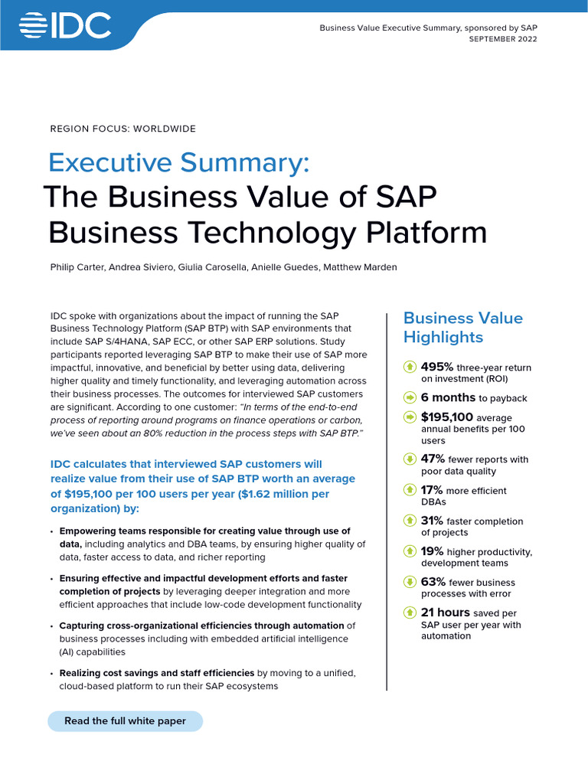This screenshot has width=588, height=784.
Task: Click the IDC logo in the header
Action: tap(65, 28)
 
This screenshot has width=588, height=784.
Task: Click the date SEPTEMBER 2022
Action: tap(502, 40)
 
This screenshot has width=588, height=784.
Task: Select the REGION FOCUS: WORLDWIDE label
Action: tap(122, 129)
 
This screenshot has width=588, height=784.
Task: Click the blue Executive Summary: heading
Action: tap(178, 163)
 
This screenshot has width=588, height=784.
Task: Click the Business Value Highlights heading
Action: tap(462, 327)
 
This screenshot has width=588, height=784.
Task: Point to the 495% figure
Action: tap(437, 367)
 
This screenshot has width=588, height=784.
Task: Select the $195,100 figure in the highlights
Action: tap(447, 417)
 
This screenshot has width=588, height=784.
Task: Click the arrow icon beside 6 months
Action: tap(410, 398)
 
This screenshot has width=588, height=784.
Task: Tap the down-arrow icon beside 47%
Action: tap(410, 459)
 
